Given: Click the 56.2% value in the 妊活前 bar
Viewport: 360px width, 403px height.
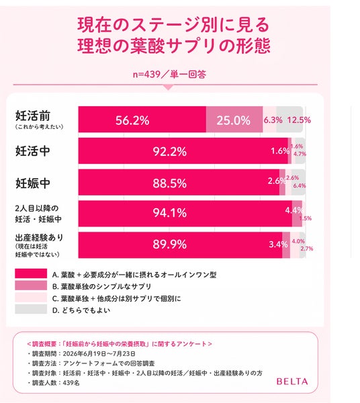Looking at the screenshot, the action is (132, 120).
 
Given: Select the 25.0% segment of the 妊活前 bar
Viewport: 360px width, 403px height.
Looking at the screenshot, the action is (234, 120).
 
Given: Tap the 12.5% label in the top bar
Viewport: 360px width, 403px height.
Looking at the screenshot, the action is (299, 120).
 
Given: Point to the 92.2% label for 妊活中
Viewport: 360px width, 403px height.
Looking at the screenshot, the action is (170, 151).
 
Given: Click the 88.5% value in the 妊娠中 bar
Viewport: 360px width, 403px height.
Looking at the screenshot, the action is (170, 183).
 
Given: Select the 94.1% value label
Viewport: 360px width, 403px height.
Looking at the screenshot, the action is (170, 212).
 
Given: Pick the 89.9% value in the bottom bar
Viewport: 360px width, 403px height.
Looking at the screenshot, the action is (170, 244).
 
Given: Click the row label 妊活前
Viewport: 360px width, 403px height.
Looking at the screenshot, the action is (33, 116).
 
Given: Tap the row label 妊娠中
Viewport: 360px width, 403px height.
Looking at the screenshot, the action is (33, 183).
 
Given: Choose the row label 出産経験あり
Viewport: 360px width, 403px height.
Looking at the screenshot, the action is (39, 238).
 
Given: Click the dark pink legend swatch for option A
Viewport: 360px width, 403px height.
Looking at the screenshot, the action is (31, 273).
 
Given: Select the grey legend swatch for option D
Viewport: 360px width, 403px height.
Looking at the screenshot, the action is (31, 309).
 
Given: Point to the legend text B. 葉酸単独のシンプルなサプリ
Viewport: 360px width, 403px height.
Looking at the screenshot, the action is (102, 286).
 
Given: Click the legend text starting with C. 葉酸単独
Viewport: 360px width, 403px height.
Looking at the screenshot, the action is (116, 298).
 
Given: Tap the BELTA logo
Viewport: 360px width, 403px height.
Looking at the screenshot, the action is (292, 381).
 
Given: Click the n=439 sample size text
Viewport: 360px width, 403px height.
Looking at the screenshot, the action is (146, 75).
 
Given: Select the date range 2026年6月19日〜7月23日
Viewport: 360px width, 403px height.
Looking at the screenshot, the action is (99, 354).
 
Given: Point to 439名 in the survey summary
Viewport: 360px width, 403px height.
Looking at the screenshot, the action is (71, 383).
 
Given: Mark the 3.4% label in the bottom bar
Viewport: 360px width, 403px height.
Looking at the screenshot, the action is (278, 244).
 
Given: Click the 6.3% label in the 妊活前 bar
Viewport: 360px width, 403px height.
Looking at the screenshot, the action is (273, 120).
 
